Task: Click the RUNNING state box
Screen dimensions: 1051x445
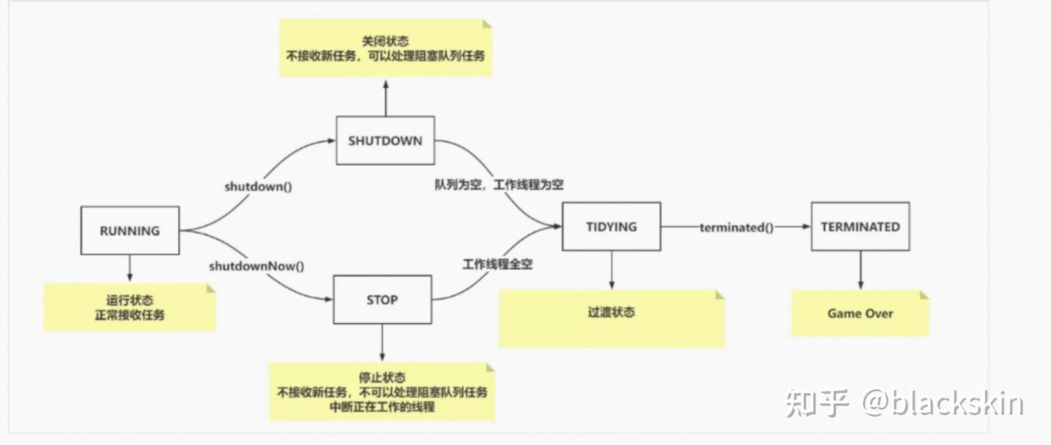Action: click(x=130, y=230)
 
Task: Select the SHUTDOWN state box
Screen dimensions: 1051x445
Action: click(x=385, y=140)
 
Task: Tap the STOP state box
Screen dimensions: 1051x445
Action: click(x=382, y=299)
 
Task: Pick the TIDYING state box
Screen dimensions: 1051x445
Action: click(x=611, y=226)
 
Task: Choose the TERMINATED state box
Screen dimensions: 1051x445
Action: click(x=860, y=226)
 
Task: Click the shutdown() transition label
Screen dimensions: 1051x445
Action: click(x=258, y=186)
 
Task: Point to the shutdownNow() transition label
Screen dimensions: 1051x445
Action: click(x=257, y=266)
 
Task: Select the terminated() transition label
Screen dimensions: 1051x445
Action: click(x=737, y=227)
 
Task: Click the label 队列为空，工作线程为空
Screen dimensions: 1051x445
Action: click(x=499, y=185)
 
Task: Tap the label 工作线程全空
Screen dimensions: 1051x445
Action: click(x=498, y=265)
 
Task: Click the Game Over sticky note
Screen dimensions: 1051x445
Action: click(x=860, y=313)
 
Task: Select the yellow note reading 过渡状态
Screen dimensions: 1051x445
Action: click(x=612, y=319)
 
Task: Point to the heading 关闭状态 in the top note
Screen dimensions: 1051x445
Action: click(x=385, y=41)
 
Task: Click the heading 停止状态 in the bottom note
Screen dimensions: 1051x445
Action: click(x=382, y=378)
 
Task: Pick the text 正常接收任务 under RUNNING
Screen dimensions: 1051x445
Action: click(x=130, y=315)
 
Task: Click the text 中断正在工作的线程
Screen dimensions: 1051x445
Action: click(x=382, y=407)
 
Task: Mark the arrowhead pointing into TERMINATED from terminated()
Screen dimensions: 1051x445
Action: click(x=806, y=226)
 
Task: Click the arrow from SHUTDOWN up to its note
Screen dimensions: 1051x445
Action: click(x=386, y=98)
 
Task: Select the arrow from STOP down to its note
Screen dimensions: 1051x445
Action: click(x=382, y=342)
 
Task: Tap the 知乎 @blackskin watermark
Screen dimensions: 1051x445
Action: click(x=905, y=404)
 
